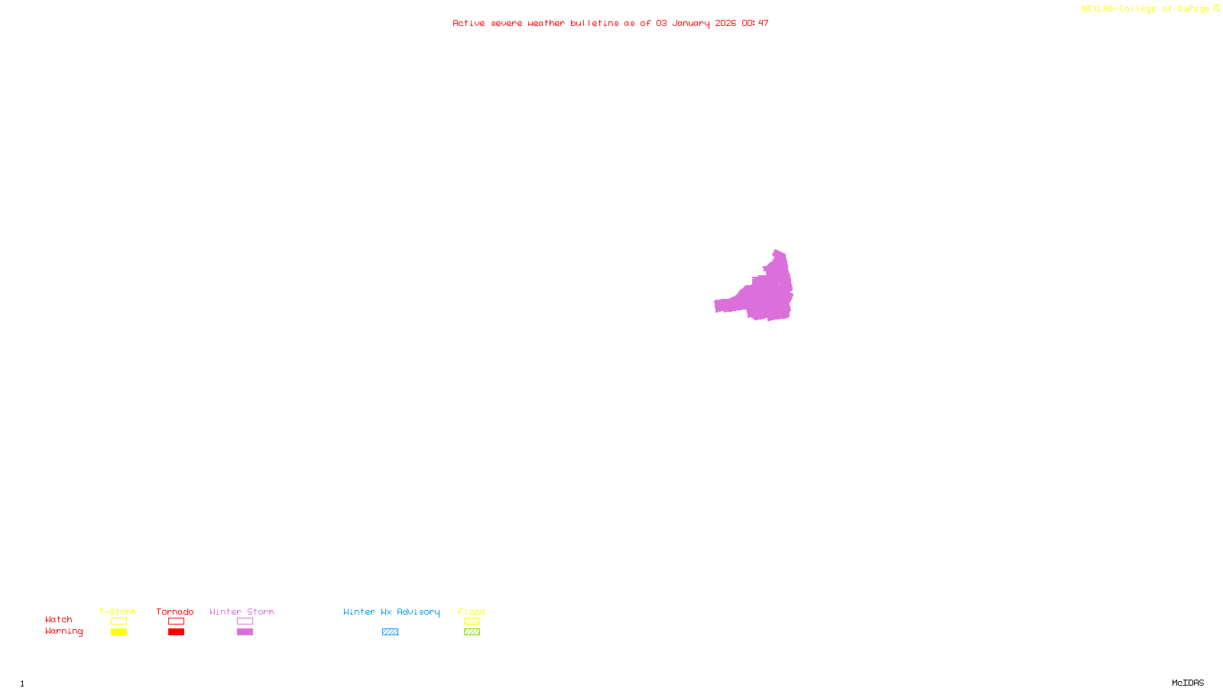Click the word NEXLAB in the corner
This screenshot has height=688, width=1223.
(1098, 9)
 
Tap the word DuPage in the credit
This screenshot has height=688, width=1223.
(1193, 9)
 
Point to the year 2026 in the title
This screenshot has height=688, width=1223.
(725, 23)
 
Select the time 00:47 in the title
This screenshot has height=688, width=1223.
(755, 23)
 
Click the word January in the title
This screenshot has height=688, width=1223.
(690, 23)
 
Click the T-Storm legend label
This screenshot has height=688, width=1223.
(118, 612)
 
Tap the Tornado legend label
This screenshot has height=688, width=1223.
(175, 612)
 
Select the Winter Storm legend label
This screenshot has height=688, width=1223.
(242, 612)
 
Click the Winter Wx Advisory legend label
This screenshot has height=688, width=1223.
(391, 612)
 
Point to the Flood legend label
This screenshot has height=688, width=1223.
(472, 612)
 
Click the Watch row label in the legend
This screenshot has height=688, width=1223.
(59, 619)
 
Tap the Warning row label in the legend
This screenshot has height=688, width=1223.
(63, 631)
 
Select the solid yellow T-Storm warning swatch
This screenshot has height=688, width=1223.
(118, 632)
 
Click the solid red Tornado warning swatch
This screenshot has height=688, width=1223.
(176, 632)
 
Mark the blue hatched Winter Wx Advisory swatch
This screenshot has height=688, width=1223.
(390, 632)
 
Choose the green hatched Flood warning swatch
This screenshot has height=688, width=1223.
(472, 632)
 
